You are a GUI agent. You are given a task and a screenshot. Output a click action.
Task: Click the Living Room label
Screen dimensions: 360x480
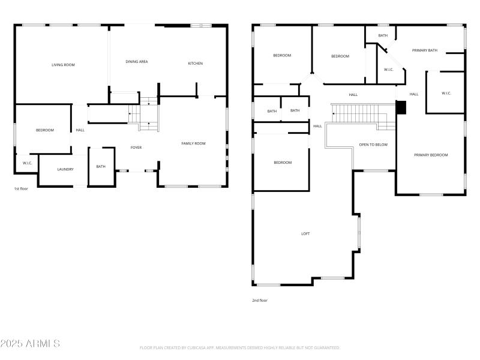pos(63,64)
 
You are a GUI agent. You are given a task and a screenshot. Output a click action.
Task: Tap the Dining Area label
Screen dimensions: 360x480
pos(137,62)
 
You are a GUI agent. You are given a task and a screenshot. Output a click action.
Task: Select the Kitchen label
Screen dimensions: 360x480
pos(196,64)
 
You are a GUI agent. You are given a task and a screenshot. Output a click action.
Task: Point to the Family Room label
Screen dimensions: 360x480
pos(194,143)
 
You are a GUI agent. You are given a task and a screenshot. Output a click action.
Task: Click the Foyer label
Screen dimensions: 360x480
pos(136,147)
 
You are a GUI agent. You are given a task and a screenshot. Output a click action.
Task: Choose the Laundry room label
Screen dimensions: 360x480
pos(65,169)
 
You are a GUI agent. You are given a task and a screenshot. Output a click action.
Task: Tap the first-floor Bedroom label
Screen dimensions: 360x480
pos(45,130)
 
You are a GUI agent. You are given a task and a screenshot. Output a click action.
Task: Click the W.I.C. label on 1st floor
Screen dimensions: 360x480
pos(27,163)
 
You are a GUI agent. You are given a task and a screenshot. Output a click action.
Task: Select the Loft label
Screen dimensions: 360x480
pos(305,233)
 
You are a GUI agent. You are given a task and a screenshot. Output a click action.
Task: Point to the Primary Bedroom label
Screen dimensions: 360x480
pos(431,155)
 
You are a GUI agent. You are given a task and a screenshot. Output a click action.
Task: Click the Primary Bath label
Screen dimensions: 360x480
pos(424,50)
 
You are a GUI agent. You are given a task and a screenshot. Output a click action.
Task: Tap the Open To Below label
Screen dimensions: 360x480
pos(373,145)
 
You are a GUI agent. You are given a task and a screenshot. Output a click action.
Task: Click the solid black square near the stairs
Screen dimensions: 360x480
pos(401,107)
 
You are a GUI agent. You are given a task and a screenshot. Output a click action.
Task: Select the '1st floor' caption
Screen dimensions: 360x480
pos(22,188)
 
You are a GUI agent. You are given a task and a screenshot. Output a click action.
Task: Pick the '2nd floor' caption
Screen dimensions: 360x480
pos(260,300)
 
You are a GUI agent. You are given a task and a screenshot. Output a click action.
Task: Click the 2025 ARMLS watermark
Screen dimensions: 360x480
pos(30,344)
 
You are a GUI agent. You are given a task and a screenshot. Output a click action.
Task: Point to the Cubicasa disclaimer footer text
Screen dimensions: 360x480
pos(240,347)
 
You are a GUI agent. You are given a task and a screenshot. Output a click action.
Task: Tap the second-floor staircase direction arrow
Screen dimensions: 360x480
pos(334,112)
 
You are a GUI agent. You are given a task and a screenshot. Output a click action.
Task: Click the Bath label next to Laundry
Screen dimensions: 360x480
pos(101,166)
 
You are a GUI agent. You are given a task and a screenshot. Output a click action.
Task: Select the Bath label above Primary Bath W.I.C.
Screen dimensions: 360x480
pos(383,35)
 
